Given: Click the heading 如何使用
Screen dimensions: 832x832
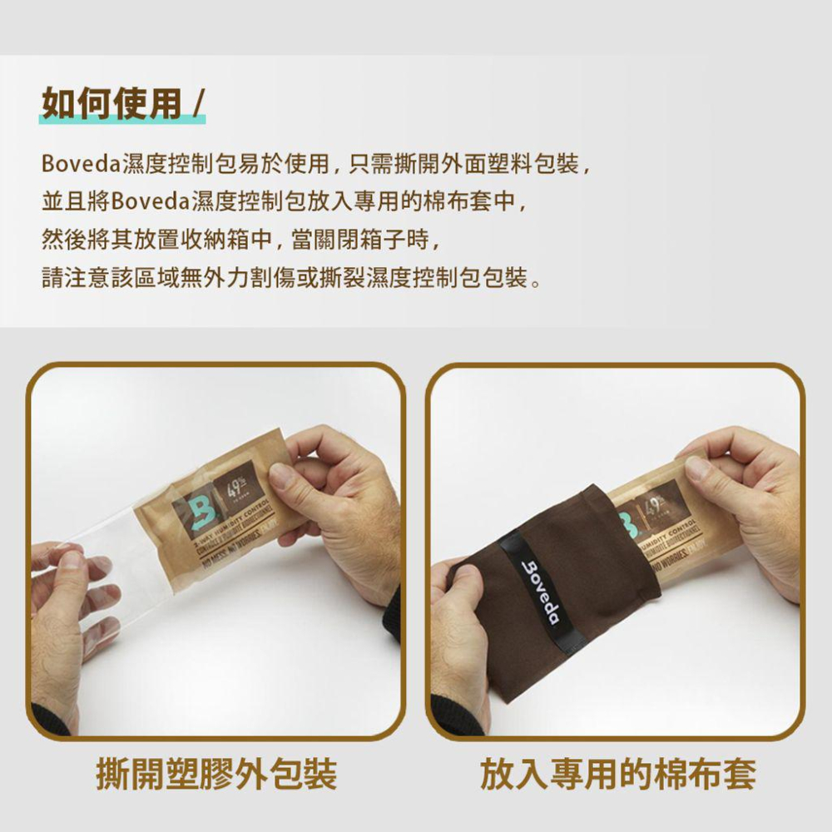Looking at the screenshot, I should (111, 104).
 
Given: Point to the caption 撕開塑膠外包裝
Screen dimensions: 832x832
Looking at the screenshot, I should (216, 774).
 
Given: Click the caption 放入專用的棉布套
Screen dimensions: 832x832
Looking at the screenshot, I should (617, 774).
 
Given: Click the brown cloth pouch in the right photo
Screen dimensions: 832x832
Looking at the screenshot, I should (582, 599).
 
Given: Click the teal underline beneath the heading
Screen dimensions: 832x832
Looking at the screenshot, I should (122, 120).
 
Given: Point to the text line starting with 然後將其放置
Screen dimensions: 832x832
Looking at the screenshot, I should (240, 240).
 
